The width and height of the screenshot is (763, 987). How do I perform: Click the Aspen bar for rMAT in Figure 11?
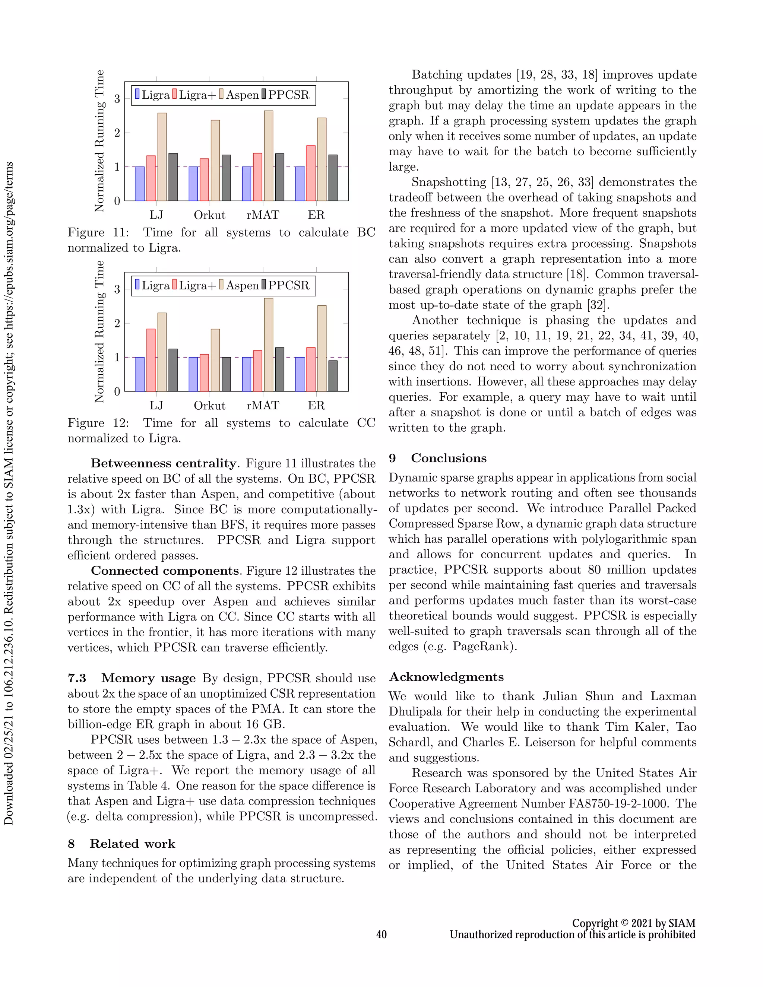pos(269,156)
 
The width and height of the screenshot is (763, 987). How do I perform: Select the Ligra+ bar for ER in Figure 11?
pos(311,173)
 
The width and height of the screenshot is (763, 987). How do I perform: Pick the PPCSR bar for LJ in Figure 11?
pos(172,177)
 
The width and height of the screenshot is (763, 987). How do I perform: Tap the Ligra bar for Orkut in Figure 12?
pos(193,374)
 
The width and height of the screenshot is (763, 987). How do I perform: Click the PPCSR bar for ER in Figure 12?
pos(333,376)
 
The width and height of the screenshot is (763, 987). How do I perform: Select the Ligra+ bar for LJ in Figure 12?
pos(151,360)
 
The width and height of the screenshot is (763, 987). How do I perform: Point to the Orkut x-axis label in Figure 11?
pos(209,215)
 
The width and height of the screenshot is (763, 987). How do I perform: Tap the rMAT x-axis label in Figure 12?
pos(263,406)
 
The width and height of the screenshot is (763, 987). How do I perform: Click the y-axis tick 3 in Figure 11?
pos(117,99)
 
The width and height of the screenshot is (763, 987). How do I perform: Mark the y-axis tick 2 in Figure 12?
pos(117,323)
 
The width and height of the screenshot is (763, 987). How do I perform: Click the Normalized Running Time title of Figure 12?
pos(99,332)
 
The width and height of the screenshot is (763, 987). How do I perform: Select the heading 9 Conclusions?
pos(437,458)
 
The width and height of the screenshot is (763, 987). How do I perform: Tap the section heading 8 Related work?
pos(121,844)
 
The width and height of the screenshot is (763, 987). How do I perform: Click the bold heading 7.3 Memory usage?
pos(132,678)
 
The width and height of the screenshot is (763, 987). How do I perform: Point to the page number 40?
pos(381,934)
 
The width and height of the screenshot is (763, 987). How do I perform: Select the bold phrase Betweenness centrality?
pos(164,464)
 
